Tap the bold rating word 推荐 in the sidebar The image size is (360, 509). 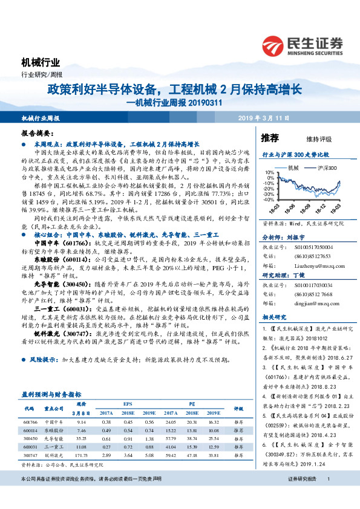[x=269, y=138]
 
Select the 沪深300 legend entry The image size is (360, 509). [x=322, y=166]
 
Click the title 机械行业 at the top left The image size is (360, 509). [x=41, y=62]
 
